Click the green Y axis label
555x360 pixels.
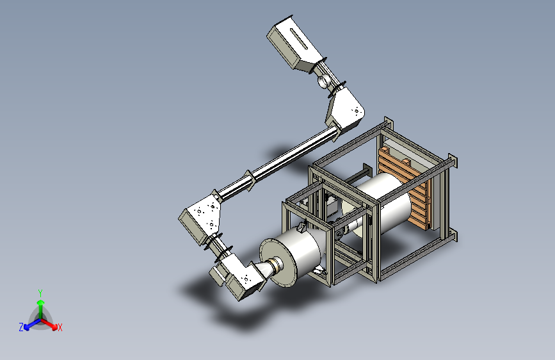click(x=40, y=293)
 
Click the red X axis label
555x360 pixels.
click(x=60, y=327)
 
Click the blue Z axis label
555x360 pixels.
click(x=21, y=327)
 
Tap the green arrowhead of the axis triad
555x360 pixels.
click(x=41, y=303)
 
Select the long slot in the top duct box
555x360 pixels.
click(x=300, y=38)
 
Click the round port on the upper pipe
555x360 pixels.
click(x=323, y=81)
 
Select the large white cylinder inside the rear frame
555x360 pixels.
click(x=384, y=202)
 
